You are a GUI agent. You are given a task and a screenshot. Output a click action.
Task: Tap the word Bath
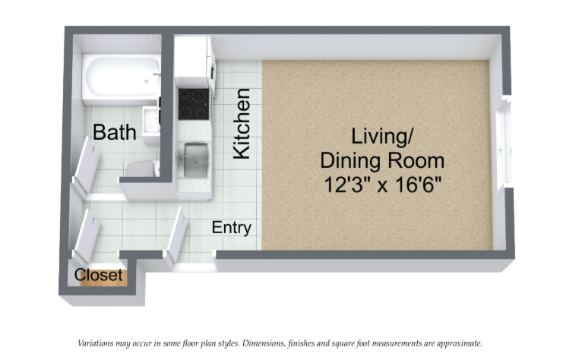115,132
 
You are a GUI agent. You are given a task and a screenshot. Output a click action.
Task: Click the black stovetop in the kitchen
193,104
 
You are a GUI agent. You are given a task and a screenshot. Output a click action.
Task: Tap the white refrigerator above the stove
193,61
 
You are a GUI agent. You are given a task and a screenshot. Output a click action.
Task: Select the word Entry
231,228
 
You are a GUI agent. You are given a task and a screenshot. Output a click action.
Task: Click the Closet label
99,275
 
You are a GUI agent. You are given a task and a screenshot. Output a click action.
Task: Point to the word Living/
382,137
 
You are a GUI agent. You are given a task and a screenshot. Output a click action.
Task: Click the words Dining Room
382,160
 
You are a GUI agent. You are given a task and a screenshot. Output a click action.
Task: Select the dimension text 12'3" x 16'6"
382,185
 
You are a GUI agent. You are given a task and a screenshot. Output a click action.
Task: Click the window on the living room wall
502,144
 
